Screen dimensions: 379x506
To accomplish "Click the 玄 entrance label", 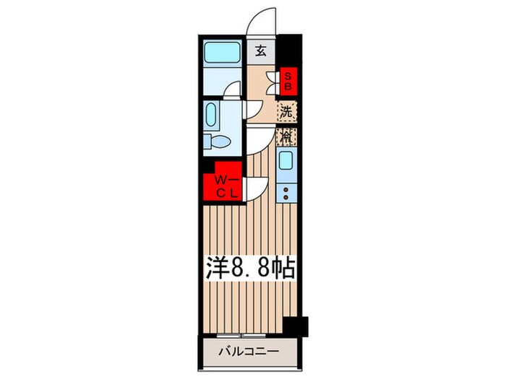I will click(x=260, y=51).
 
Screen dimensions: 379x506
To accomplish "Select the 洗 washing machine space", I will click(x=288, y=113).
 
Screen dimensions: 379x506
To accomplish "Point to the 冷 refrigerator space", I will click(x=288, y=136).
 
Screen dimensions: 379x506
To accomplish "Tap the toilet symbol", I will click(x=215, y=141).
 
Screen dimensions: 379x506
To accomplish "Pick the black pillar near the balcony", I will click(x=296, y=326).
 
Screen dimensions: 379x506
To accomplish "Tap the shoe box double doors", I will click(x=274, y=83).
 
